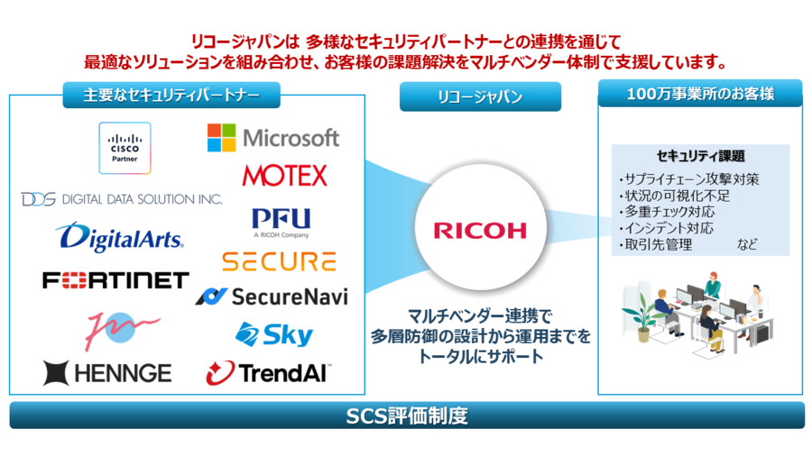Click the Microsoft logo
(273, 137)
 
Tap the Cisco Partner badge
(125, 148)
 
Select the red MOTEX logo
(284, 175)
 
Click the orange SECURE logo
(279, 261)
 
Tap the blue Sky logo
(274, 335)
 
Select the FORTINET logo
(115, 280)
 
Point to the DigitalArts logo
(119, 237)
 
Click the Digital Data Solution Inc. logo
(122, 198)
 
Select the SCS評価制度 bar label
(407, 416)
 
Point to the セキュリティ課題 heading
(700, 156)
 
